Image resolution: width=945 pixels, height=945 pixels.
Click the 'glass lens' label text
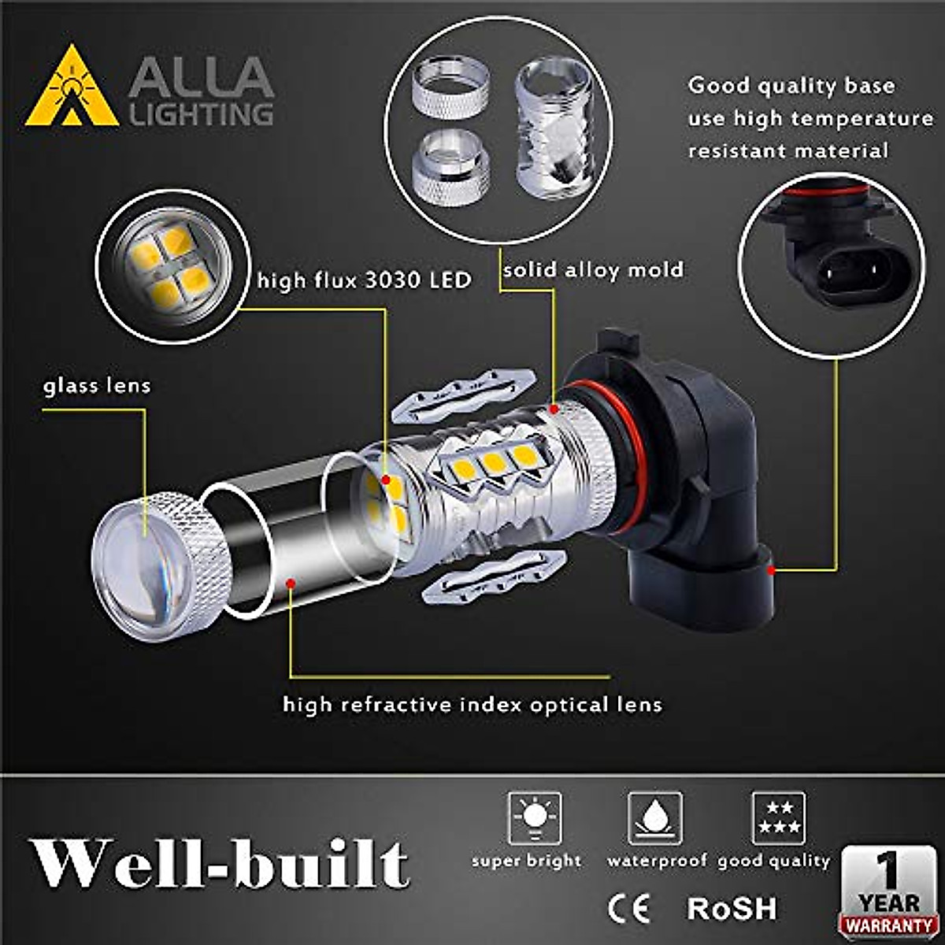coord(97,386)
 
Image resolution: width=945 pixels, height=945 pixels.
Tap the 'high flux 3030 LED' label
coord(365,280)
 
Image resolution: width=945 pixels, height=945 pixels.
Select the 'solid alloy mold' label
coord(593,270)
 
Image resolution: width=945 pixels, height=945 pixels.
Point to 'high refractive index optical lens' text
coord(472,703)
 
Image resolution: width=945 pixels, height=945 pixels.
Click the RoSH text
coord(732,908)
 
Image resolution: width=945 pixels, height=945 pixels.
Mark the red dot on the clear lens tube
coord(291,583)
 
